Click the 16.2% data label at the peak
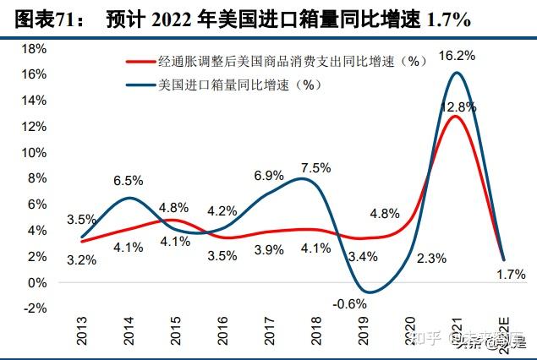(x=458, y=57)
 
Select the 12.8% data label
(x=458, y=107)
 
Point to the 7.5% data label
(x=315, y=167)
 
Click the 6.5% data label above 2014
(x=128, y=181)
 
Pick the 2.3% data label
(x=430, y=259)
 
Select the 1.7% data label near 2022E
(x=510, y=274)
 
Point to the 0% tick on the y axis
(x=36, y=282)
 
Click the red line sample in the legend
(x=140, y=62)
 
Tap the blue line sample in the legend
(x=140, y=84)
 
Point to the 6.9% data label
(x=268, y=176)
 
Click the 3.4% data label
(x=363, y=256)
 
